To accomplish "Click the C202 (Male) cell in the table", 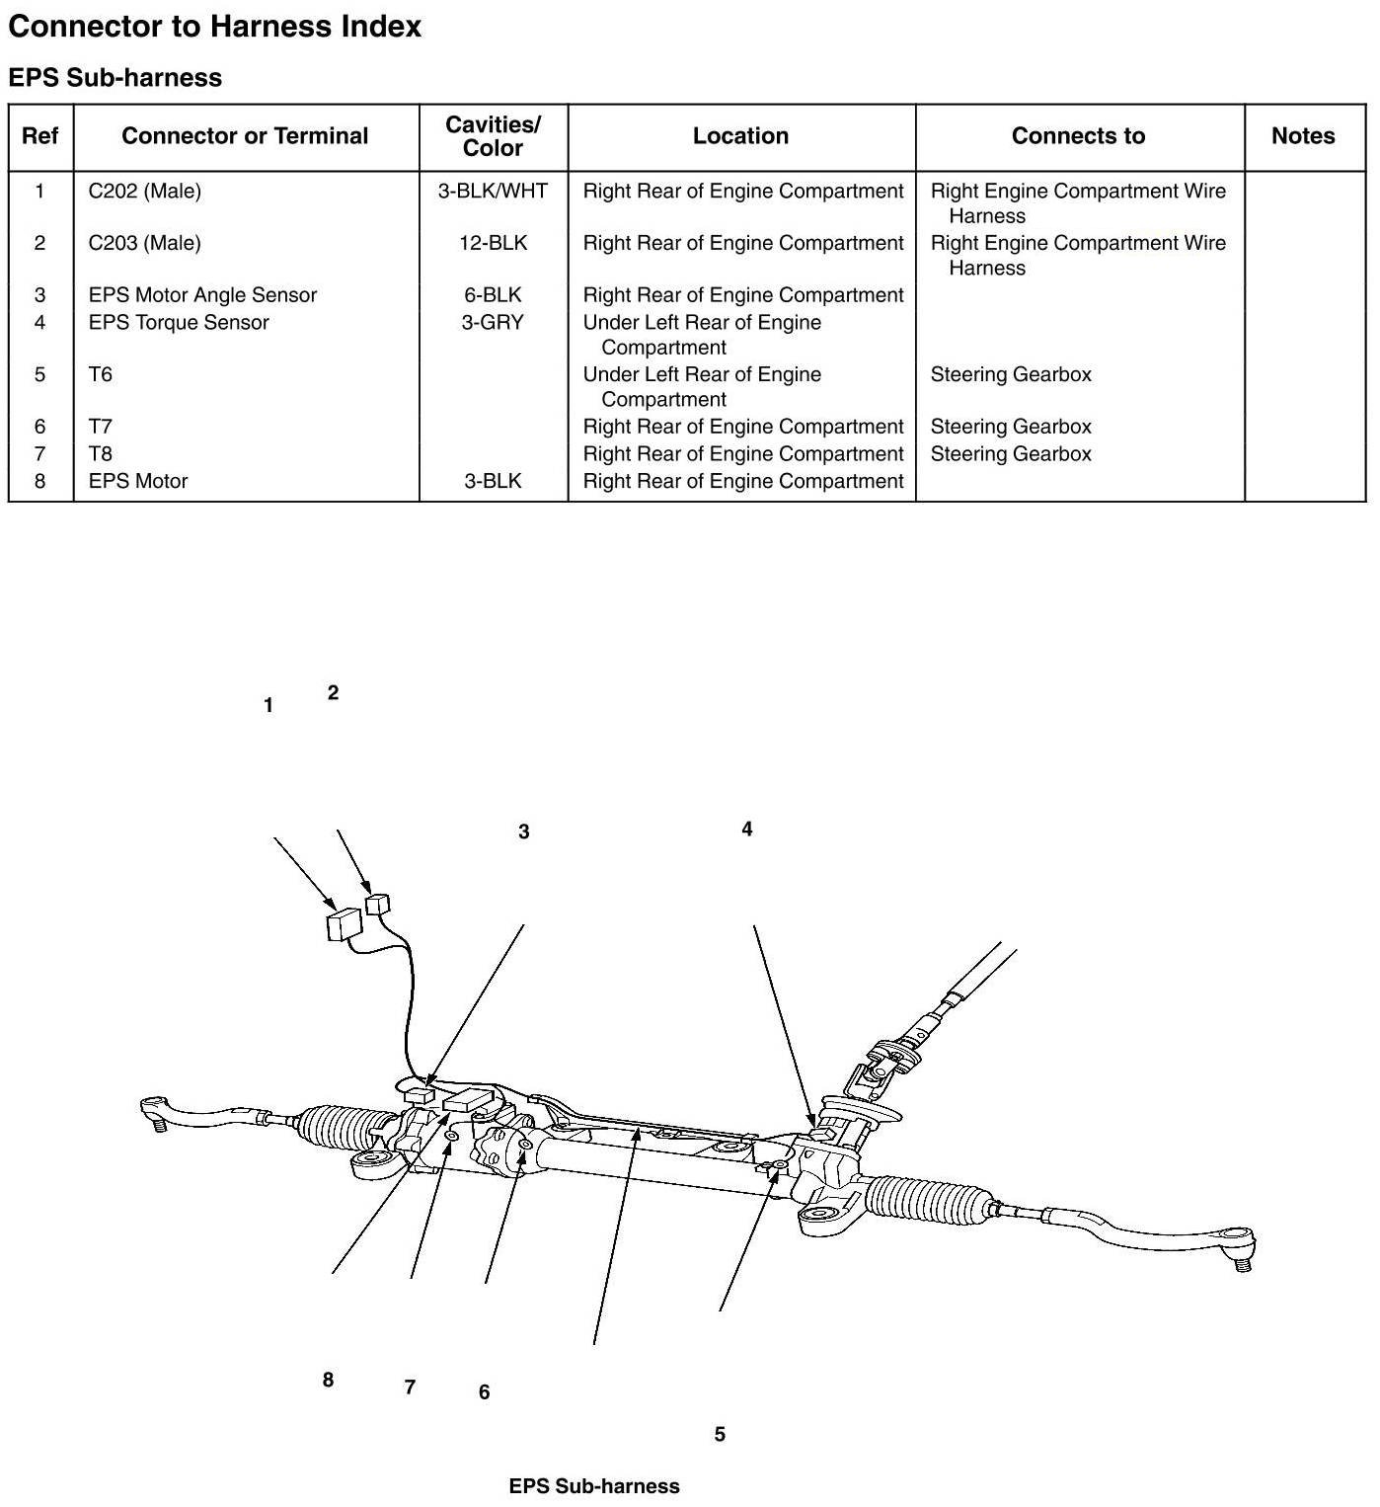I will (144, 192).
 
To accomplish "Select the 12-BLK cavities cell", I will (493, 243).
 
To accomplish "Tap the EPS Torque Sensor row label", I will (179, 322).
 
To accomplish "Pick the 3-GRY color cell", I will (493, 322).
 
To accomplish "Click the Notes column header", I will (1303, 136).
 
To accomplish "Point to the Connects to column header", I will (1078, 136).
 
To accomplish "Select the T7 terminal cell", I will (101, 427).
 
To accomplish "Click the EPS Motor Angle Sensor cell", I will (202, 295).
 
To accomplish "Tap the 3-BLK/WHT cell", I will (493, 192).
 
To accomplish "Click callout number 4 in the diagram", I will (747, 830).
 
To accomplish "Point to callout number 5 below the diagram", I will (720, 1434).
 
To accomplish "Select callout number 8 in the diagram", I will (328, 1380).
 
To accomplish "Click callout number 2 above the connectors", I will (333, 693).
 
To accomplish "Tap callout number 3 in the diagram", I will (523, 833).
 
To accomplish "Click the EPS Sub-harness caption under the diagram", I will (594, 1486).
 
